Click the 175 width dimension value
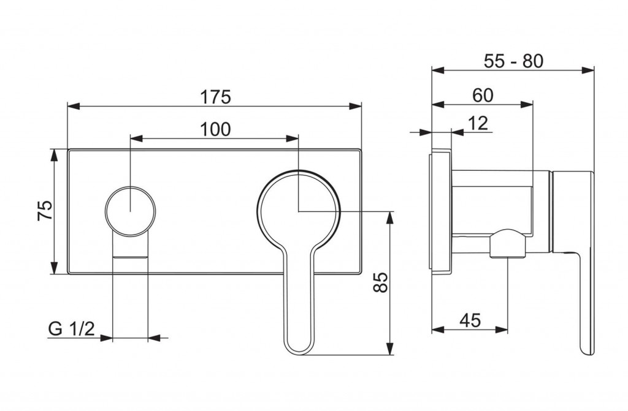pyautogui.click(x=216, y=97)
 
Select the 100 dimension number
pyautogui.click(x=215, y=129)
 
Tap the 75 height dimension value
pyautogui.click(x=45, y=211)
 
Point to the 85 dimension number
pyautogui.click(x=381, y=282)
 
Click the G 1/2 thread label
pyautogui.click(x=72, y=328)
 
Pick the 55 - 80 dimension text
pyautogui.click(x=513, y=61)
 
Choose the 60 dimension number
pyautogui.click(x=483, y=95)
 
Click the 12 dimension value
pyautogui.click(x=478, y=123)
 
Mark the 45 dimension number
pyautogui.click(x=470, y=320)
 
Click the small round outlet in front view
pyautogui.click(x=130, y=211)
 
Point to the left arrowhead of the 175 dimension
pyautogui.click(x=74, y=106)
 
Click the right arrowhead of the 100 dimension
pyautogui.click(x=293, y=138)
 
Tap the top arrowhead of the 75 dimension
pyautogui.click(x=54, y=155)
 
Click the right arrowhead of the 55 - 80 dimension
pyautogui.click(x=588, y=70)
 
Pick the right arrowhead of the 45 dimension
pyautogui.click(x=501, y=330)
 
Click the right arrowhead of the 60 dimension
pyautogui.click(x=527, y=105)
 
